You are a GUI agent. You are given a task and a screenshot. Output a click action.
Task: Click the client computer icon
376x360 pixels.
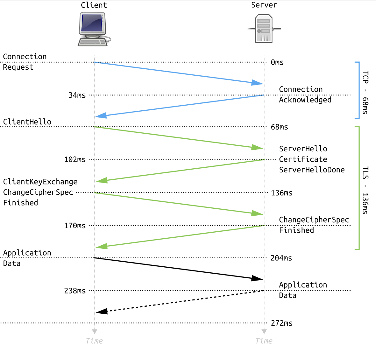coord(93,29)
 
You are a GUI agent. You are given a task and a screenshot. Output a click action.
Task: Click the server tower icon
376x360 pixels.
coord(264,29)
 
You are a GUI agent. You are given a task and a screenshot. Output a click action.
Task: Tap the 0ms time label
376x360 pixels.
coord(277,62)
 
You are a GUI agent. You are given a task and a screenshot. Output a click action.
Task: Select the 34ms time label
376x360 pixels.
coord(77,95)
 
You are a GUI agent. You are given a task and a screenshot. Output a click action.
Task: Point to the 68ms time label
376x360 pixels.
coord(279,127)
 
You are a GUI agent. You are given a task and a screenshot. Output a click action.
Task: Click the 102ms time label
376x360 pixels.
coord(75,160)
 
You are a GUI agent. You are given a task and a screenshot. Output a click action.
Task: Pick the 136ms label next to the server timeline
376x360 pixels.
coord(281,193)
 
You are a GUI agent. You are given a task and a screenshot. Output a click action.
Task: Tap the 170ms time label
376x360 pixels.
coord(75,226)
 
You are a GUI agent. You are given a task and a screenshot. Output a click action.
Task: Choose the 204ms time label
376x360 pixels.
coord(281,258)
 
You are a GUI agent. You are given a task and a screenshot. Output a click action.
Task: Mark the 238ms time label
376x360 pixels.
coord(75,291)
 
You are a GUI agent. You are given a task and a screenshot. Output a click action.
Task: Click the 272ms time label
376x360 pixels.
coord(281,323)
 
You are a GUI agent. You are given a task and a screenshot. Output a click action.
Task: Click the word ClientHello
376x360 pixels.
coord(27,122)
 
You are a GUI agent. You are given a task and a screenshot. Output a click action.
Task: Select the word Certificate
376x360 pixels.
coord(303,159)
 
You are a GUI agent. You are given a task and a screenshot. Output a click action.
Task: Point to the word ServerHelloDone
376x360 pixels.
coord(312,170)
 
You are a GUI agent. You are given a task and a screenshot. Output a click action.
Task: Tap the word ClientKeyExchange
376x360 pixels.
coord(40,182)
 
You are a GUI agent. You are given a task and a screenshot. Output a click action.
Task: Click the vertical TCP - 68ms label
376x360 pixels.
coord(365,92)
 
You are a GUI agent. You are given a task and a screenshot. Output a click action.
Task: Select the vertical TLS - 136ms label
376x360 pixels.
coord(365,190)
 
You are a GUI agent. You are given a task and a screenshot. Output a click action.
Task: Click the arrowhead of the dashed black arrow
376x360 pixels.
coord(102,311)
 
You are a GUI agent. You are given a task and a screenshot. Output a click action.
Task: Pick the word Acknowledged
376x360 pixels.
coord(305,100)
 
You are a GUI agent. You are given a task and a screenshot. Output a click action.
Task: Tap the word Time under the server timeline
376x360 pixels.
coord(264,341)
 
